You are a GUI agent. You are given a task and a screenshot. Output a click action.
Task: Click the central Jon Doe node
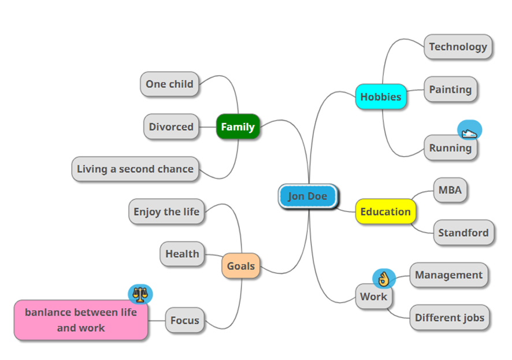point(307,196)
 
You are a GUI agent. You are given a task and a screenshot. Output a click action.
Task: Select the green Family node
point(238,127)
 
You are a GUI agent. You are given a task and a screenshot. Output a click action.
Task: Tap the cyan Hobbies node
point(380,97)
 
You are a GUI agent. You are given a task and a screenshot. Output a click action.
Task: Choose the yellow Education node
point(385,211)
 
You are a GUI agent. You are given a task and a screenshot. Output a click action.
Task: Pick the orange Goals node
point(240,266)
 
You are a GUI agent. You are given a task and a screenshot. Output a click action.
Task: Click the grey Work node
point(373,297)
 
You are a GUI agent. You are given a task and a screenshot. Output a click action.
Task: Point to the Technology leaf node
point(458,47)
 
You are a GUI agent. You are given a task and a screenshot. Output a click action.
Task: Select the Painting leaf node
point(450,90)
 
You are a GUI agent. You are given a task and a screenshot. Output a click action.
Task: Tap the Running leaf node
point(450,148)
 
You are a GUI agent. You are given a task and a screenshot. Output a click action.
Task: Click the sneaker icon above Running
point(469,131)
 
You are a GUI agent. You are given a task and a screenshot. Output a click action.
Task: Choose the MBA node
point(450,190)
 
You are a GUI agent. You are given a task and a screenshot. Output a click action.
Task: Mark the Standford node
point(463,233)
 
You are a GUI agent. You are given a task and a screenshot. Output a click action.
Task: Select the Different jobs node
point(450,317)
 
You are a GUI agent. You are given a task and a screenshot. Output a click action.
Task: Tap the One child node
point(169,84)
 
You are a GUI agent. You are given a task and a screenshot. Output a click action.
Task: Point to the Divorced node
point(171,127)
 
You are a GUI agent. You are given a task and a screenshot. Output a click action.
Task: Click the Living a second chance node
point(135,169)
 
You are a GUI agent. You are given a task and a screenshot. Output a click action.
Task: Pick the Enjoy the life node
point(166,211)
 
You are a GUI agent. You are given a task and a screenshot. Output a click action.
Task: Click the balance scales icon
point(139,295)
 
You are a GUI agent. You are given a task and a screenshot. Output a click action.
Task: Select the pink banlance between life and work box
point(81,320)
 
